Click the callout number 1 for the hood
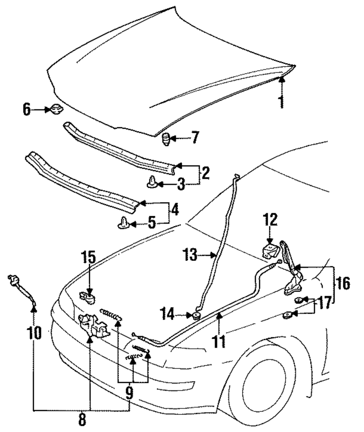[x=281, y=102]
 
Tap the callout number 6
[x=27, y=110]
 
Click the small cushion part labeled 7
[x=166, y=139]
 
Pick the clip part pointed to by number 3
[x=153, y=182]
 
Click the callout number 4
[x=174, y=210]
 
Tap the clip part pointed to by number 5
[x=124, y=222]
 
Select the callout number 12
[x=270, y=219]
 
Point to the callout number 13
[x=190, y=255]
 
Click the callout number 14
[x=167, y=314]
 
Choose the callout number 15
[x=88, y=257]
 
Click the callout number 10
[x=35, y=333]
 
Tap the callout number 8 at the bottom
[x=82, y=420]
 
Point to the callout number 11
[x=219, y=341]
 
